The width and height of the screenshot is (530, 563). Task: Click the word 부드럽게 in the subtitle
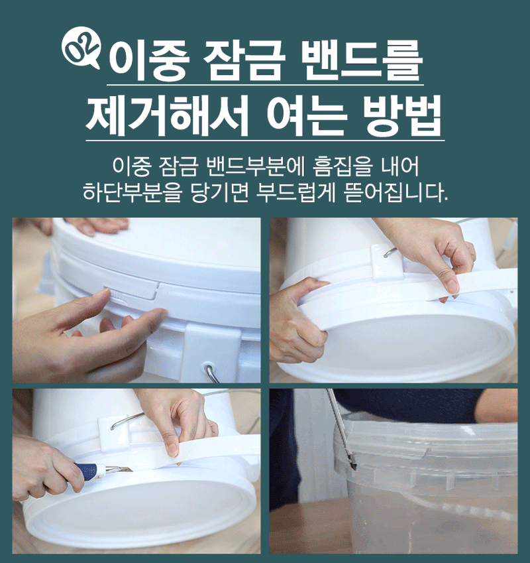pos(299,192)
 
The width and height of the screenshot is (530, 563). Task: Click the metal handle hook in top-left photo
pos(211,373)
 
